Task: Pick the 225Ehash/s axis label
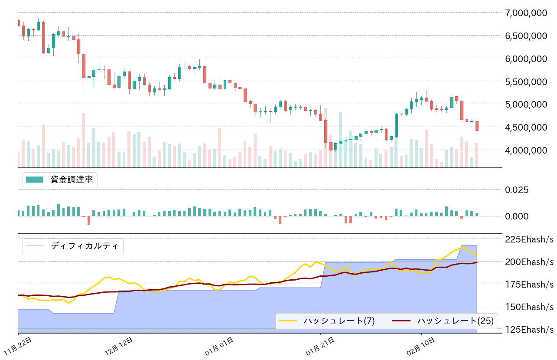(529, 239)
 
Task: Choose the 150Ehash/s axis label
(529, 307)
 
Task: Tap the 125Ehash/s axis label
(529, 329)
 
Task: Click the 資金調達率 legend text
(72, 180)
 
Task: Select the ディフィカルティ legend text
(84, 246)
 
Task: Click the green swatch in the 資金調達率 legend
(35, 180)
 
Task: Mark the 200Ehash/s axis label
(529, 262)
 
